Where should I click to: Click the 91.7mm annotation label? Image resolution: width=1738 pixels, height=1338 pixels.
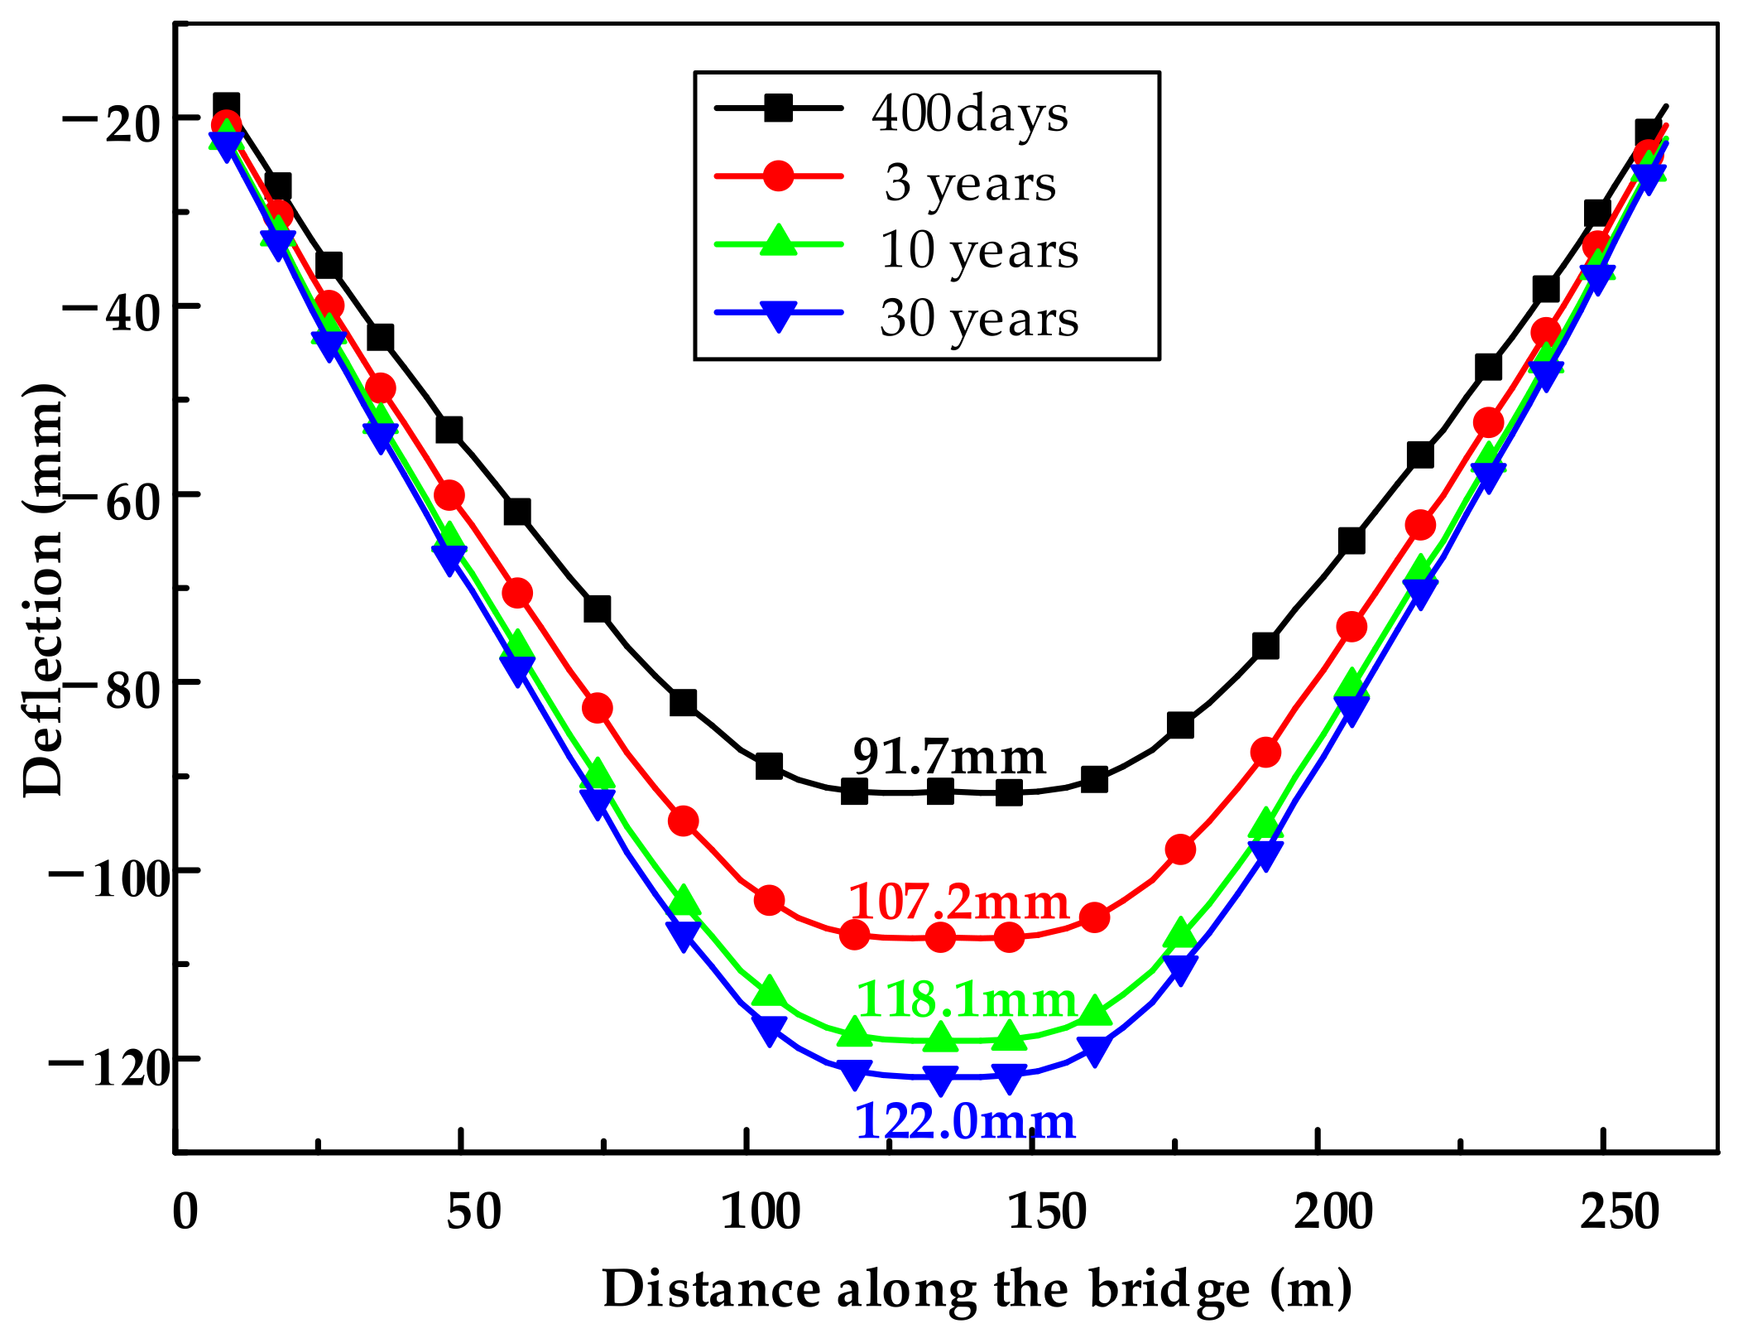949,757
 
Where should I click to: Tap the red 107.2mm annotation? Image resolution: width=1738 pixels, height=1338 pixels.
958,902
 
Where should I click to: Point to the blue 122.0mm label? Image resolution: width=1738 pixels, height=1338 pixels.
964,1122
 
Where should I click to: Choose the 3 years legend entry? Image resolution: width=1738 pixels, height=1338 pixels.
970,183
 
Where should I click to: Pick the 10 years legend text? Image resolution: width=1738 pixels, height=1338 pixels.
979,251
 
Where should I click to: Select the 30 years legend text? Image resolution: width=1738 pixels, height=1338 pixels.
979,319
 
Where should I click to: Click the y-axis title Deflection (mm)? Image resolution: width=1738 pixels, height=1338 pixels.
43,590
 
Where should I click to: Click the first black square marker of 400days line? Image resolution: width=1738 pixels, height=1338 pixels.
226,106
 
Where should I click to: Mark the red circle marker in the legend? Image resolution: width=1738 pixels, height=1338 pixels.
778,176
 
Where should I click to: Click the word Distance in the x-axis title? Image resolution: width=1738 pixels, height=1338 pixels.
712,1290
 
